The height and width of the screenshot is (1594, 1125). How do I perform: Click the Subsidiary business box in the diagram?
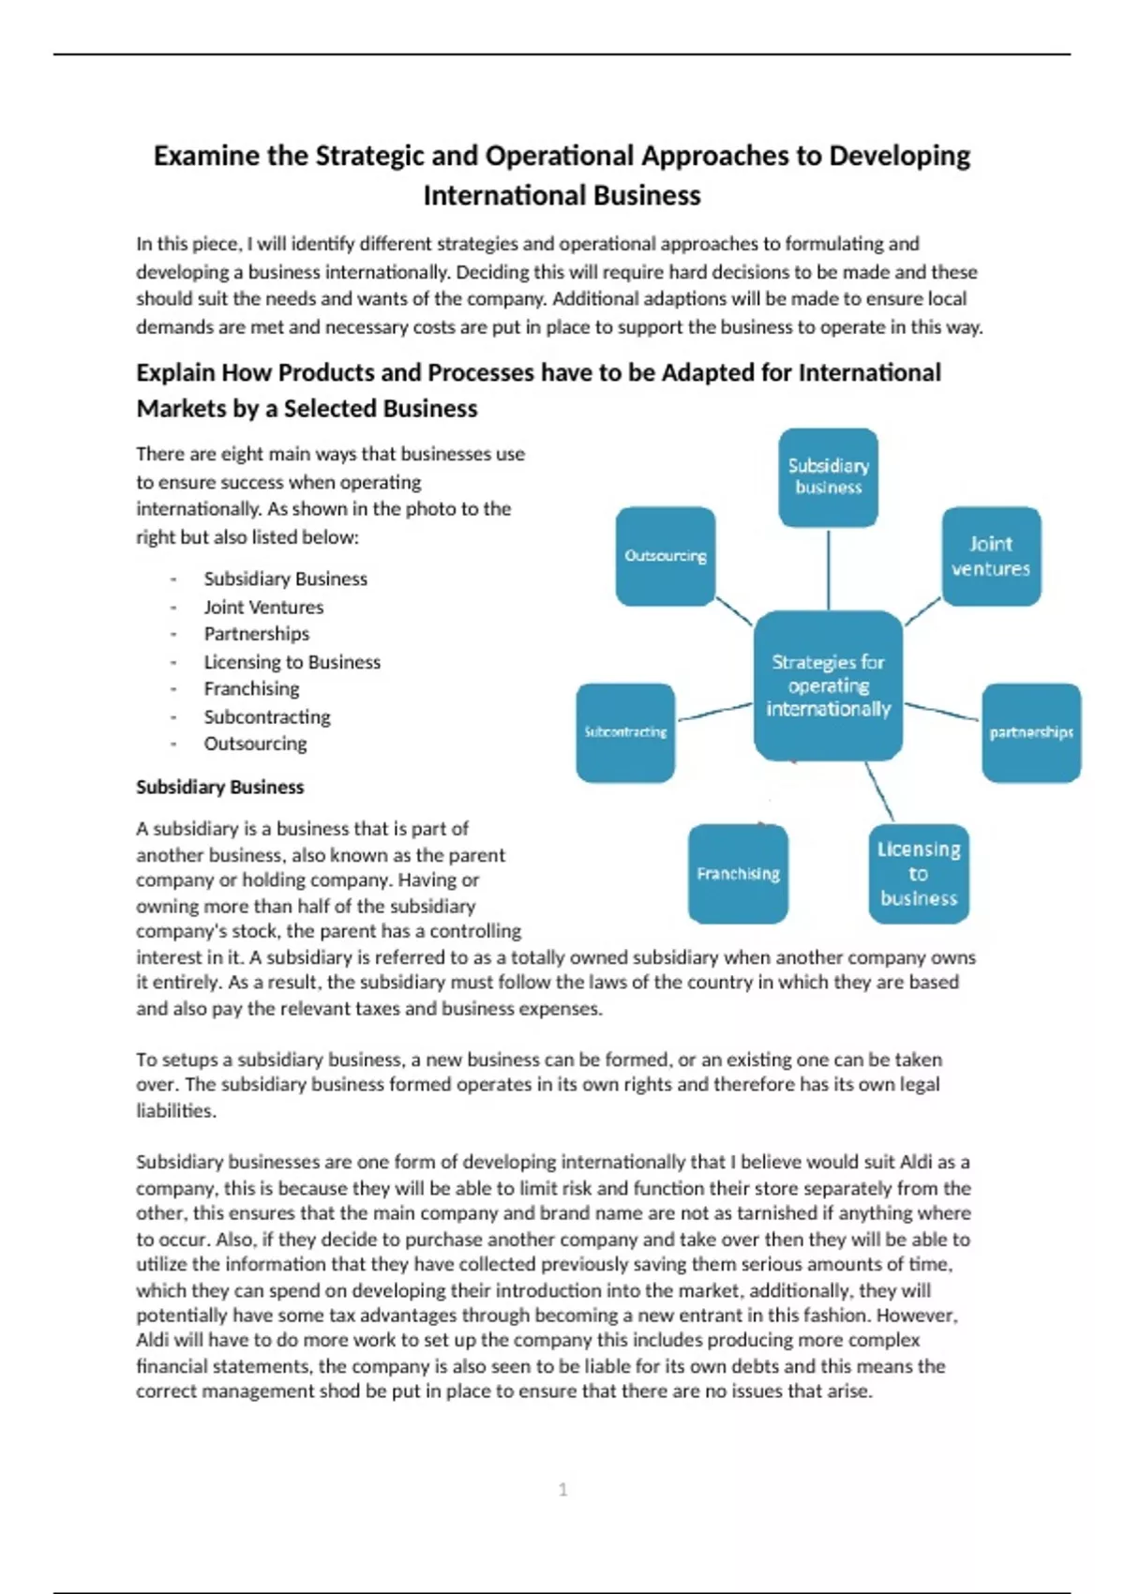828,477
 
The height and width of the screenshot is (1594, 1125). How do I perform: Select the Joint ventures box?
991,556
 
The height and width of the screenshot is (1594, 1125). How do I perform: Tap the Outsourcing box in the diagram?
665,556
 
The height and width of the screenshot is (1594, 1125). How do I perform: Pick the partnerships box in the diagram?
1031,732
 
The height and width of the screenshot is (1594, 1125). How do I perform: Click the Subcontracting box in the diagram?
625,732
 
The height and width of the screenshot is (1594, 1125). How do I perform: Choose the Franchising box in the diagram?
738,874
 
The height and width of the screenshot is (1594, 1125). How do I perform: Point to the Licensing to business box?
919,874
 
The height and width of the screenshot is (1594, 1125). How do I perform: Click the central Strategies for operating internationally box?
828,685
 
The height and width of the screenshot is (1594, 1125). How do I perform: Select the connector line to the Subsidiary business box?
828,569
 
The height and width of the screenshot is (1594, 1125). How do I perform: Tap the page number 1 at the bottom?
562,1489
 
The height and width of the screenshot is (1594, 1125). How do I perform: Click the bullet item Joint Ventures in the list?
263,607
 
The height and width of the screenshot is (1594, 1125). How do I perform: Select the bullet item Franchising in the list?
251,688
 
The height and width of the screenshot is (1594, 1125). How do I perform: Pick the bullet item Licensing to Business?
292,662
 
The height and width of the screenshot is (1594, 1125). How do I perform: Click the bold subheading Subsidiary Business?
219,787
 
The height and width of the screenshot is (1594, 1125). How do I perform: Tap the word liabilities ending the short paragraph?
175,1110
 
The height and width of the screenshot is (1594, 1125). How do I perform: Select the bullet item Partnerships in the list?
256,634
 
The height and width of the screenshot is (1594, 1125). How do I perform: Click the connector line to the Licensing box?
879,791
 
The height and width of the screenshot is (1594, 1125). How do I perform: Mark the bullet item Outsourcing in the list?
255,744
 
